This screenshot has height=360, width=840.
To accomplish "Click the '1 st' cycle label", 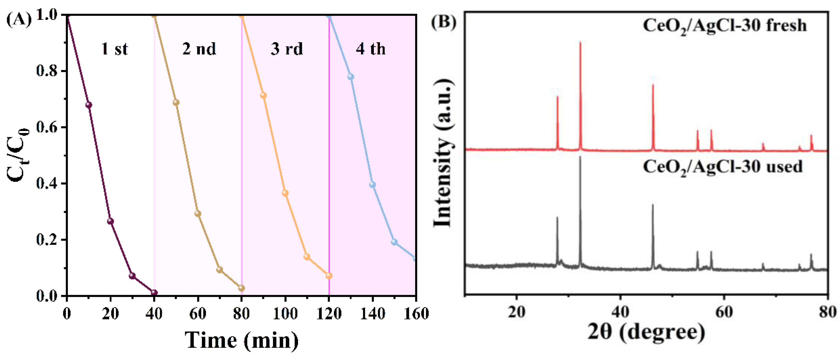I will point(114,49).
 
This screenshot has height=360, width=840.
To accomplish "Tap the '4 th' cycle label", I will point(371,49).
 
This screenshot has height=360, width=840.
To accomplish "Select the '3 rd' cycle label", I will point(287,49).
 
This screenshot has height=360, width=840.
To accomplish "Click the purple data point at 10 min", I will point(88,105).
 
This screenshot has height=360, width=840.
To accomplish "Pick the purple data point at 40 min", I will point(154,292).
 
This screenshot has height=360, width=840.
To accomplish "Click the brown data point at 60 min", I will point(198,214).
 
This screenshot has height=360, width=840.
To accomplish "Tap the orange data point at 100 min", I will point(285,193).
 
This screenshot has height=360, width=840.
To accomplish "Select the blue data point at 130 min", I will point(351,77).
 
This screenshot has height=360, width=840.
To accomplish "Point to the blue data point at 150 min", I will point(394,242).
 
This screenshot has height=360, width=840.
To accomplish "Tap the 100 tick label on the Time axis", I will point(285,314).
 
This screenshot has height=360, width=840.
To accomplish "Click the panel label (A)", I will point(19,20).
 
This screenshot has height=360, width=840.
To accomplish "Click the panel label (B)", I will point(443,22).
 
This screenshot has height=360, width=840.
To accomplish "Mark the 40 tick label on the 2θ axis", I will point(620,312).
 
